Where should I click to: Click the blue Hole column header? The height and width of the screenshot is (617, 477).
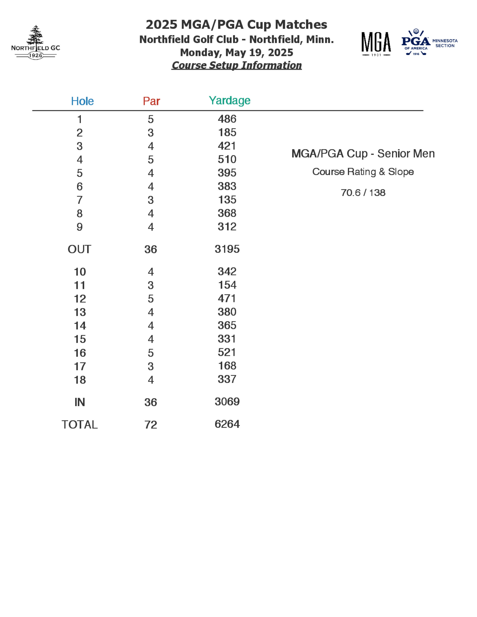(x=82, y=101)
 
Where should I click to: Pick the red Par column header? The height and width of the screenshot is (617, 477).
(x=151, y=101)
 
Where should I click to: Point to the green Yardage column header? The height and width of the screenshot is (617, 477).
(x=229, y=101)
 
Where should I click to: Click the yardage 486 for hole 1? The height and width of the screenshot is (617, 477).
(x=227, y=119)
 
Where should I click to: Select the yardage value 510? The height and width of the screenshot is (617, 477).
(x=227, y=159)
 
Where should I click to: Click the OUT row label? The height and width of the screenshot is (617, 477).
(x=79, y=249)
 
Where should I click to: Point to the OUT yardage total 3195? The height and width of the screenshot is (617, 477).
(x=227, y=249)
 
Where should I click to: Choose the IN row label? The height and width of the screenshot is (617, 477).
(x=80, y=402)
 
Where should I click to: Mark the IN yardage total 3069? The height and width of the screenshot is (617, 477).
(x=227, y=401)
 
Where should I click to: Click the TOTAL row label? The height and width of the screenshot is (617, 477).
(x=80, y=425)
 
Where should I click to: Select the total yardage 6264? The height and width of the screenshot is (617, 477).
(x=227, y=424)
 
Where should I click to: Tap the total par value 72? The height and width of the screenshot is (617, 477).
(x=151, y=425)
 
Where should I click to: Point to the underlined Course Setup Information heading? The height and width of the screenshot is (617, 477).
(x=237, y=65)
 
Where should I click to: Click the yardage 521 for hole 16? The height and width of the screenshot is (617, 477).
(x=227, y=352)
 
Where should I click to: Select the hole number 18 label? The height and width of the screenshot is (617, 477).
(x=80, y=380)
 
